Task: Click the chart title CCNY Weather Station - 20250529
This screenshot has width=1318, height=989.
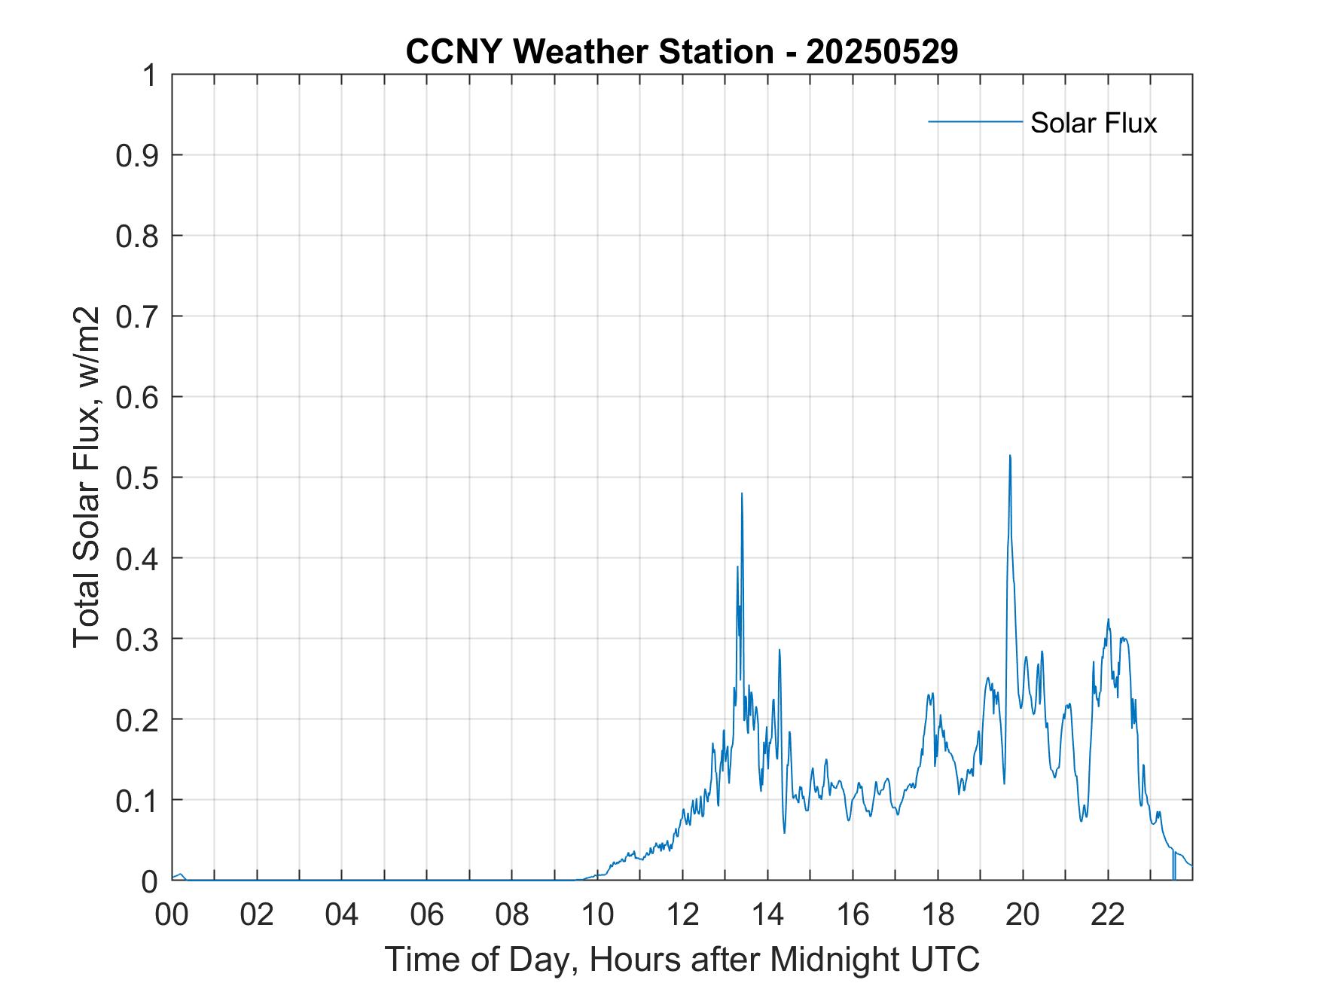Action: point(682,52)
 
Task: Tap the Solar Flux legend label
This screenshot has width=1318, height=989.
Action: point(1093,122)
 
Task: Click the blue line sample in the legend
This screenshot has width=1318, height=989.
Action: point(975,121)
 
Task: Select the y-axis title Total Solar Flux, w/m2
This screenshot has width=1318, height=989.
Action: point(87,478)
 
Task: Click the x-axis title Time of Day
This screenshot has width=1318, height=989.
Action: point(682,959)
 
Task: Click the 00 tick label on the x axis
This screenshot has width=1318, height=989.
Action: point(172,915)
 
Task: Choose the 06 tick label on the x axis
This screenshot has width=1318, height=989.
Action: point(427,915)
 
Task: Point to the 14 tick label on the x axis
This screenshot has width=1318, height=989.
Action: point(767,915)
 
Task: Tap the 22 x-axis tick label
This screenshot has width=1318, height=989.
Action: point(1108,915)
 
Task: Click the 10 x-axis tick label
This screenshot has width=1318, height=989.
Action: point(597,915)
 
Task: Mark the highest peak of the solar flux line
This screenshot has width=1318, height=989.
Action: point(1010,456)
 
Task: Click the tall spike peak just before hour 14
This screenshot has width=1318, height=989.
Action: point(742,494)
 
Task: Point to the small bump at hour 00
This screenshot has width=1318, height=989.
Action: point(180,875)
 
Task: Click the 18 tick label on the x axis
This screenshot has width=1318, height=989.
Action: point(938,915)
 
